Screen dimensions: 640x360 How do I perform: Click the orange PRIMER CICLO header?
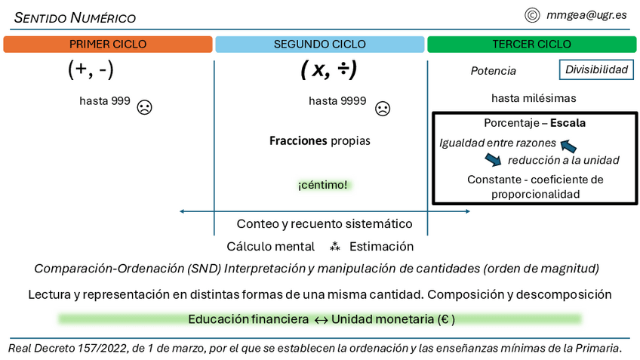(107, 45)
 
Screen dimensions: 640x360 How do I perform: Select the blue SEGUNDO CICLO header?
(319, 45)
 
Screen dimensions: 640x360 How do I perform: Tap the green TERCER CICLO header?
(531, 45)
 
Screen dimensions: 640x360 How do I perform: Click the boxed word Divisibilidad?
(596, 70)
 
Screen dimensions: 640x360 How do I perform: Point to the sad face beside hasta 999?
(144, 107)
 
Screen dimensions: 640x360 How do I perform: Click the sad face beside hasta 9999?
(383, 108)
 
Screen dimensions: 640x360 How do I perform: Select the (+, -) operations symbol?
(91, 70)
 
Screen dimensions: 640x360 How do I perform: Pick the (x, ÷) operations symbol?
(328, 70)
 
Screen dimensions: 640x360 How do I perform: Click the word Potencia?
(493, 71)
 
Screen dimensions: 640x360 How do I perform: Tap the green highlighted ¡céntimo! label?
(322, 184)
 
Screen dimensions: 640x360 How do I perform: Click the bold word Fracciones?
(298, 140)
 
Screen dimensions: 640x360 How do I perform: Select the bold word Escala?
(568, 122)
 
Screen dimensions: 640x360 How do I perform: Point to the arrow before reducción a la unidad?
(493, 158)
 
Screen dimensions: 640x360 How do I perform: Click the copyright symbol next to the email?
(531, 14)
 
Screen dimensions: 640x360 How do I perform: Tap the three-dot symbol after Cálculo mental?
(335, 246)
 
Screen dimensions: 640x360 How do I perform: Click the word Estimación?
(381, 246)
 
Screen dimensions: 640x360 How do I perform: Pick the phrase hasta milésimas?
(534, 98)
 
